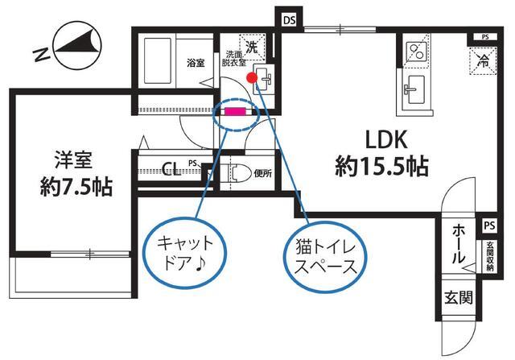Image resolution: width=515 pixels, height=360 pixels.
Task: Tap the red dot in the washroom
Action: click(252, 78)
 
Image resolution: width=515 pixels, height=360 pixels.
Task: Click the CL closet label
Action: click(171, 169)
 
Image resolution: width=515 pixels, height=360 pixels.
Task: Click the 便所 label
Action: click(263, 173)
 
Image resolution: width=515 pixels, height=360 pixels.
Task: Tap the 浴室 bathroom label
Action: click(195, 62)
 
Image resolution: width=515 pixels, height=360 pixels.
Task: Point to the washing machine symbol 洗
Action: click(253, 48)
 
